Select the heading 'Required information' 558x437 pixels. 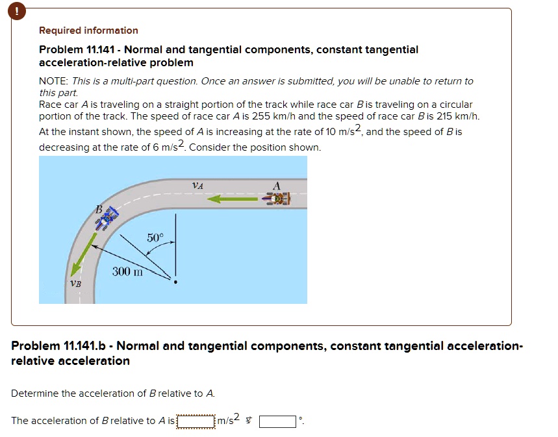[88, 31]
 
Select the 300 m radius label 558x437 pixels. [127, 271]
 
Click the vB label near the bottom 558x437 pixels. [76, 284]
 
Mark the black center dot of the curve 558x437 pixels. [174, 282]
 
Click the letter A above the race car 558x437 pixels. [277, 186]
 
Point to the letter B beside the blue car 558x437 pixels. [99, 208]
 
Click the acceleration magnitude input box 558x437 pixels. [196, 421]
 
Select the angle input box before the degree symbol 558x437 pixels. [278, 421]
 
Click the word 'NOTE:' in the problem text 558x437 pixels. [53, 81]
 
